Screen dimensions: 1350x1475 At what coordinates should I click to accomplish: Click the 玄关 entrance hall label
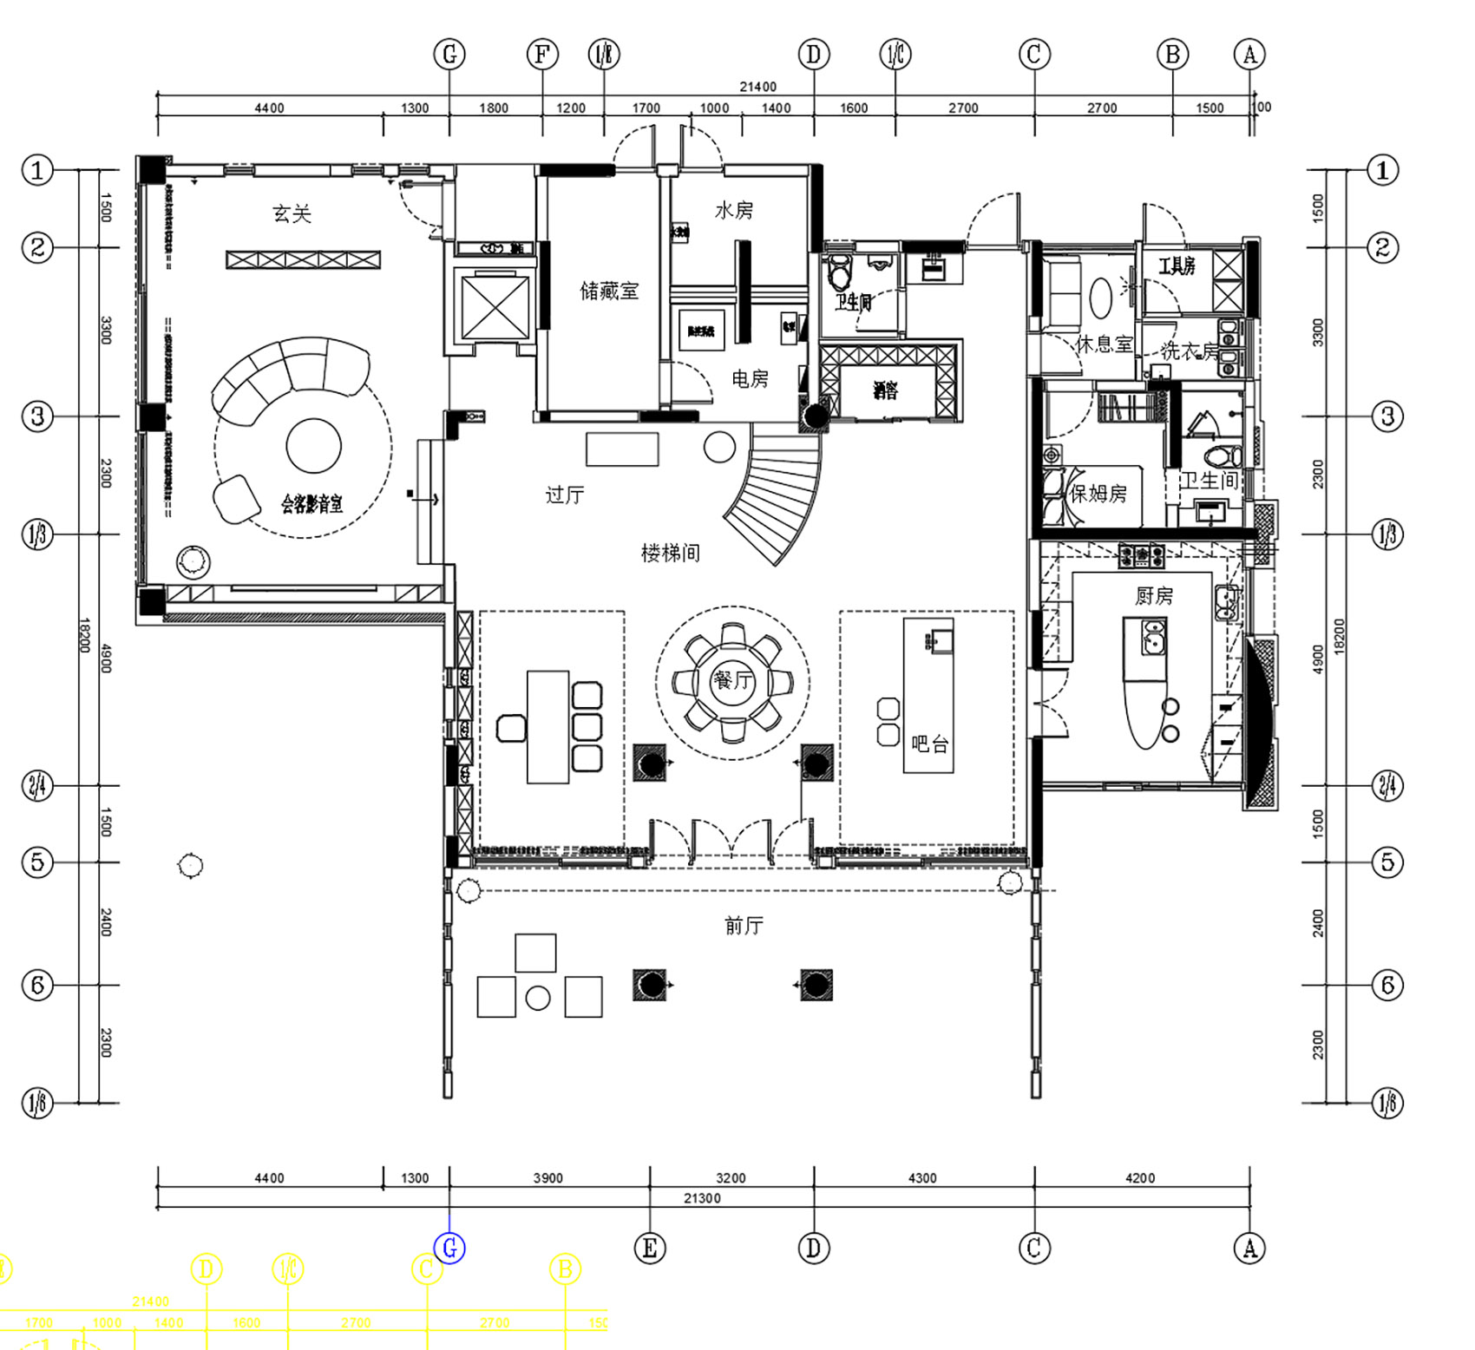click(x=292, y=213)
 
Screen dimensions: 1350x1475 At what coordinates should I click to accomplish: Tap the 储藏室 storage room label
click(x=609, y=291)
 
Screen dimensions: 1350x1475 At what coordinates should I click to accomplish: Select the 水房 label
click(x=734, y=211)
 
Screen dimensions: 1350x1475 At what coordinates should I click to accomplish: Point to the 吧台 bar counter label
click(x=929, y=744)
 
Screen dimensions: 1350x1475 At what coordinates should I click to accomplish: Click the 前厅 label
click(x=744, y=926)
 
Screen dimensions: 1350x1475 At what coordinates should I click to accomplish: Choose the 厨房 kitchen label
click(x=1154, y=596)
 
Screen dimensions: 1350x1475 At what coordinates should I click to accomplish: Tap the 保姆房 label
click(x=1098, y=494)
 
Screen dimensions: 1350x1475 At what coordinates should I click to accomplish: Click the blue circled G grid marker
click(x=449, y=1248)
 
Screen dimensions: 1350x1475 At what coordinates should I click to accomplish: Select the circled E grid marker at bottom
click(x=650, y=1248)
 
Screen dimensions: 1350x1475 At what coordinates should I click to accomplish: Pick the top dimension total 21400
click(x=757, y=87)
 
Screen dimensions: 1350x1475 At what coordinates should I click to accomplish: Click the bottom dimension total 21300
click(x=702, y=1198)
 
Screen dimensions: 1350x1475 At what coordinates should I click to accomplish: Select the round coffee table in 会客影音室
click(x=313, y=445)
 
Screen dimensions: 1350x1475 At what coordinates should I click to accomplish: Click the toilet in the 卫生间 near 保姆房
click(x=1223, y=455)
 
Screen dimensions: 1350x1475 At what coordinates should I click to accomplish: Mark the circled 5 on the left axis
click(x=37, y=862)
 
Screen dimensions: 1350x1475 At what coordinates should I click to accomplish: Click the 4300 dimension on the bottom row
click(x=922, y=1178)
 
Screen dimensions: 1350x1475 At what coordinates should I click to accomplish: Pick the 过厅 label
click(x=564, y=495)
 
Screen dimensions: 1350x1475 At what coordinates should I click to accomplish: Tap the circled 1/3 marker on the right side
click(x=1387, y=534)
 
